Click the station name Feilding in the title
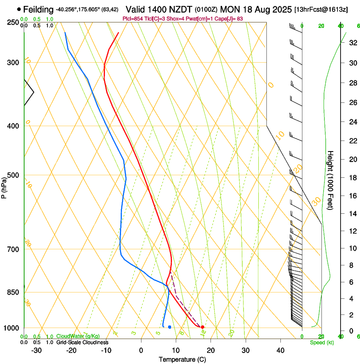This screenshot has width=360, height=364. point(39,9)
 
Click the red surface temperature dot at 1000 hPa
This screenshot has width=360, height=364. point(202,327)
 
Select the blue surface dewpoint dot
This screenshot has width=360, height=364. point(169,327)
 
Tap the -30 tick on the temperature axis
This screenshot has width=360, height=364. point(36,350)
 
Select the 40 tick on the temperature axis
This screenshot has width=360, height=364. point(280,350)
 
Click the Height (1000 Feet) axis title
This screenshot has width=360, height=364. point(331,180)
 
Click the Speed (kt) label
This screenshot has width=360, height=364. point(321,342)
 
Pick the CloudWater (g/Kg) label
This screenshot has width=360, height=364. point(78,336)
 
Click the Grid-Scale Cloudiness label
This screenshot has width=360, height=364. point(82,342)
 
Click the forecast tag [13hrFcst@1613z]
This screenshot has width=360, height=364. point(321,9)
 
